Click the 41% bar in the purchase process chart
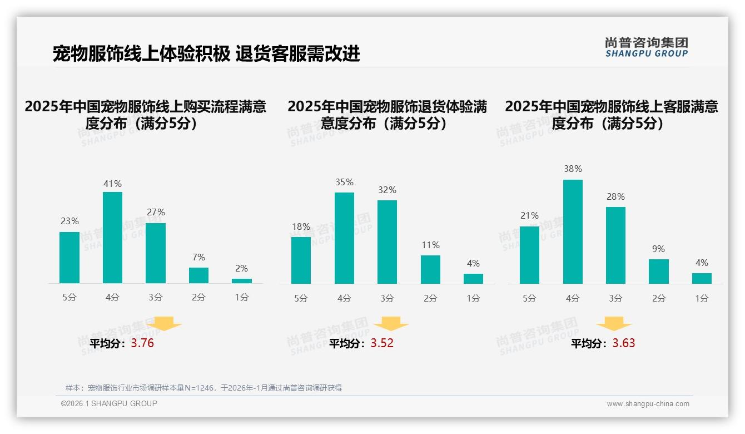click(112, 238)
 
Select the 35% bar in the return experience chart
click(344, 238)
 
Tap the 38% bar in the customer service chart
click(573, 231)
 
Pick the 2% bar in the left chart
click(242, 281)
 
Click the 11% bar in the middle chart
click(430, 269)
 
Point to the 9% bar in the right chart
click(658, 272)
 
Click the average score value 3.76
click(142, 343)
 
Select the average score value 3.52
click(382, 343)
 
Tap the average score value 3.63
click(624, 343)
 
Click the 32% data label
click(387, 190)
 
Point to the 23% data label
click(69, 221)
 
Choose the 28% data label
click(615, 197)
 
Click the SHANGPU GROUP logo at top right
click(646, 47)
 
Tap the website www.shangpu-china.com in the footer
click(648, 404)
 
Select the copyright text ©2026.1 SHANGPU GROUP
click(109, 403)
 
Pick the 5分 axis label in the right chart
click(529, 299)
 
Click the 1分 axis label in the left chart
click(242, 298)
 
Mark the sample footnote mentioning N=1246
click(203, 388)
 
